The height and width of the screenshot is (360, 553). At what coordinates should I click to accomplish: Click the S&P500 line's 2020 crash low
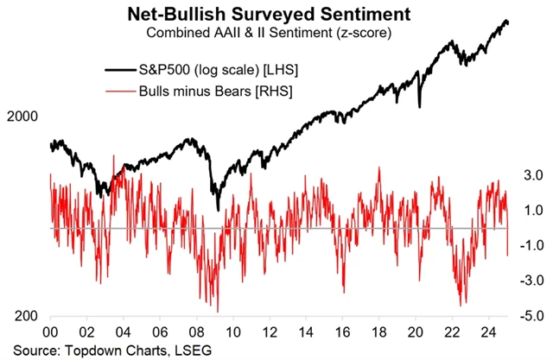[x=419, y=106]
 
